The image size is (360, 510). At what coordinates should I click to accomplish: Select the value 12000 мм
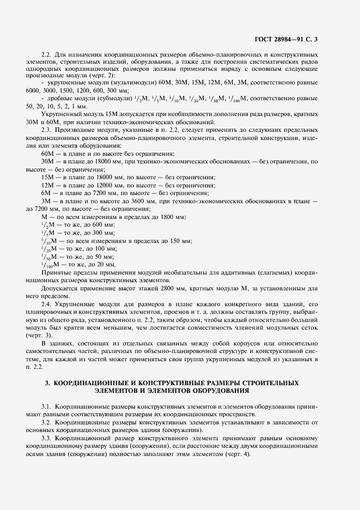pos(113,186)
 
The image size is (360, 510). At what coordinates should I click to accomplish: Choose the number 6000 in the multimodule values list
pos(35,90)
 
